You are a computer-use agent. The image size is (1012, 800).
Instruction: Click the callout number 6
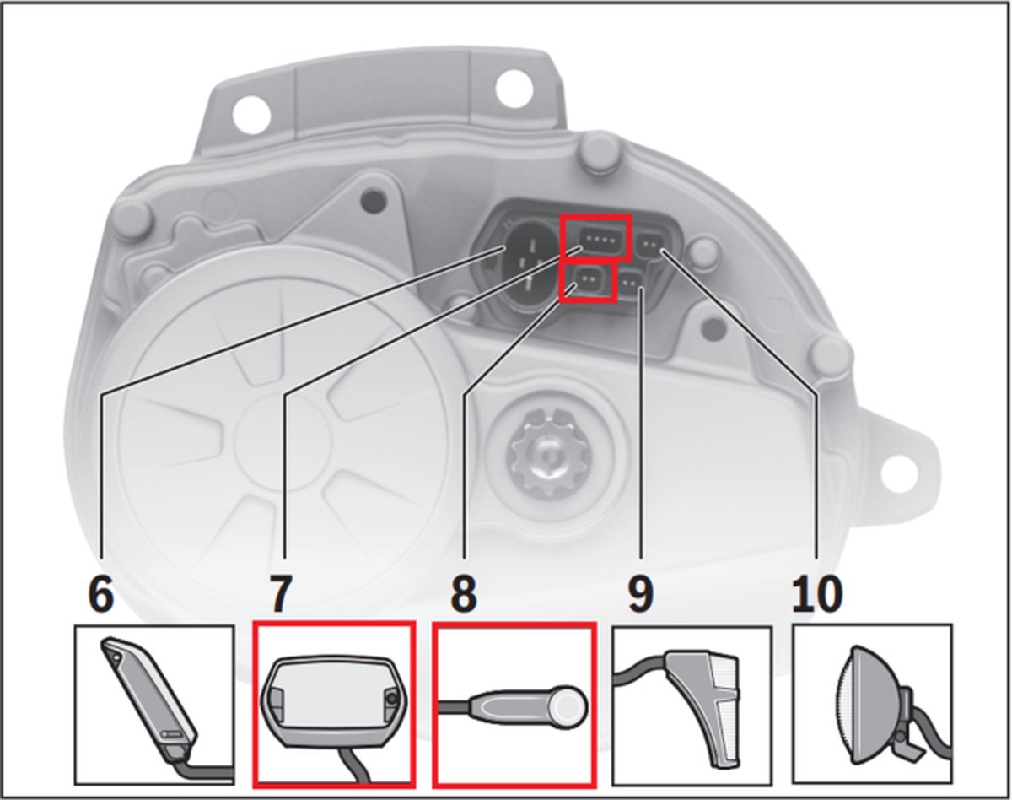[101, 594]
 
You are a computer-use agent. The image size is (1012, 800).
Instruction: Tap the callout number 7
[280, 594]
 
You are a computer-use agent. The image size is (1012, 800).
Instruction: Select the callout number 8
[464, 594]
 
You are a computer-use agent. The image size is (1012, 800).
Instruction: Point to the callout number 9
[641, 594]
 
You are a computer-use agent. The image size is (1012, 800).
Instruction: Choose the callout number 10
[817, 594]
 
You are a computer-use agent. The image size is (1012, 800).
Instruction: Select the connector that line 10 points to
[651, 245]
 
